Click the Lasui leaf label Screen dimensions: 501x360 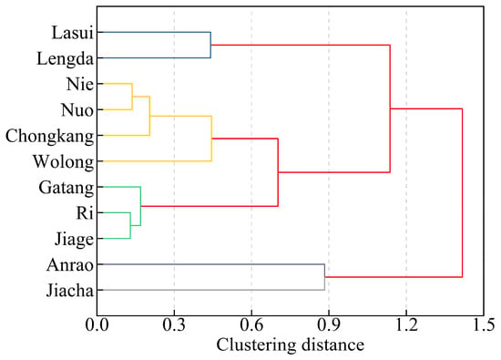(73, 33)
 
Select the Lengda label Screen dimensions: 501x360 (66, 59)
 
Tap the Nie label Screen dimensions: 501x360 (80, 85)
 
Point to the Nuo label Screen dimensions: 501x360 (77, 110)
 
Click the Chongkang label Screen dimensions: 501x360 (50, 137)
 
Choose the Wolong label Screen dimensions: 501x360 (64, 162)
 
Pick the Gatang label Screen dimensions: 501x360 (66, 188)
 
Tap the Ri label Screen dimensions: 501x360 (85, 213)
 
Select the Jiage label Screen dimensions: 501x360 (74, 239)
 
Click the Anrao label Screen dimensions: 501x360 (70, 265)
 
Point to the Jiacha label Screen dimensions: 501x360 (70, 291)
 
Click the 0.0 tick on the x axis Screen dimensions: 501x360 (97, 325)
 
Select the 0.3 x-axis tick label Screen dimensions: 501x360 (174, 325)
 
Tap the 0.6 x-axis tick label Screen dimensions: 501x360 (251, 325)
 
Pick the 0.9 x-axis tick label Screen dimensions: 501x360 (329, 325)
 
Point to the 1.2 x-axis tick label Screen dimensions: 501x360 (406, 325)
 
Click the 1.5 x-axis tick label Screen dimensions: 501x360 (484, 325)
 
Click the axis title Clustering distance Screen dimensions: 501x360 (290, 345)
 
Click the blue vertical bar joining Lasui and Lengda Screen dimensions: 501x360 (210, 45)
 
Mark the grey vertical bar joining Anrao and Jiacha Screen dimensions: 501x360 (324, 277)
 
